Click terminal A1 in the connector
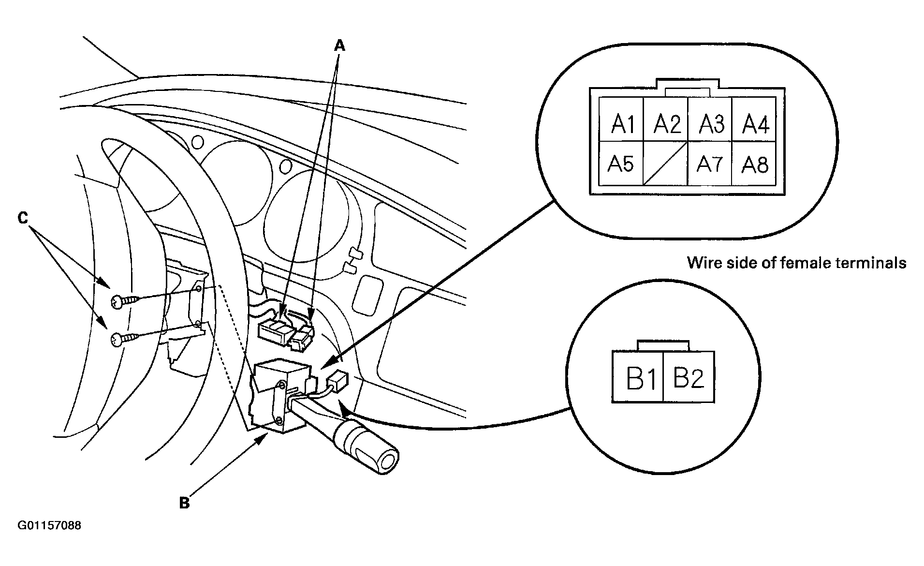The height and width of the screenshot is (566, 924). coord(621,119)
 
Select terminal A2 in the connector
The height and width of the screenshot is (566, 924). coord(665,119)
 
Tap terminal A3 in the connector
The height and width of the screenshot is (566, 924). coord(710,119)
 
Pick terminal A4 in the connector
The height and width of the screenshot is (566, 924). coord(754,119)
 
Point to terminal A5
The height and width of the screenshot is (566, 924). coord(621,164)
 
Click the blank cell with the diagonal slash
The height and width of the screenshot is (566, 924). coord(665,164)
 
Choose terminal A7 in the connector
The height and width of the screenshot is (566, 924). coord(710,164)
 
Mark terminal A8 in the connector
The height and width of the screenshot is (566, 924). coord(754,164)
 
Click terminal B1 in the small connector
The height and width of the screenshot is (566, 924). coord(638,377)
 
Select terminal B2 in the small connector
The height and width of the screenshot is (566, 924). coord(689,377)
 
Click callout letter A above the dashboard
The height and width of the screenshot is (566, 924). coord(340,45)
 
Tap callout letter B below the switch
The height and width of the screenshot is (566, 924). coord(184,503)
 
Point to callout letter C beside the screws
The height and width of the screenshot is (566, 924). coord(23,219)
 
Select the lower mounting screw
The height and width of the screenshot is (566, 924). coord(124,339)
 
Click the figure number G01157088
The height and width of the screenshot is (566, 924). coord(49,525)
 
